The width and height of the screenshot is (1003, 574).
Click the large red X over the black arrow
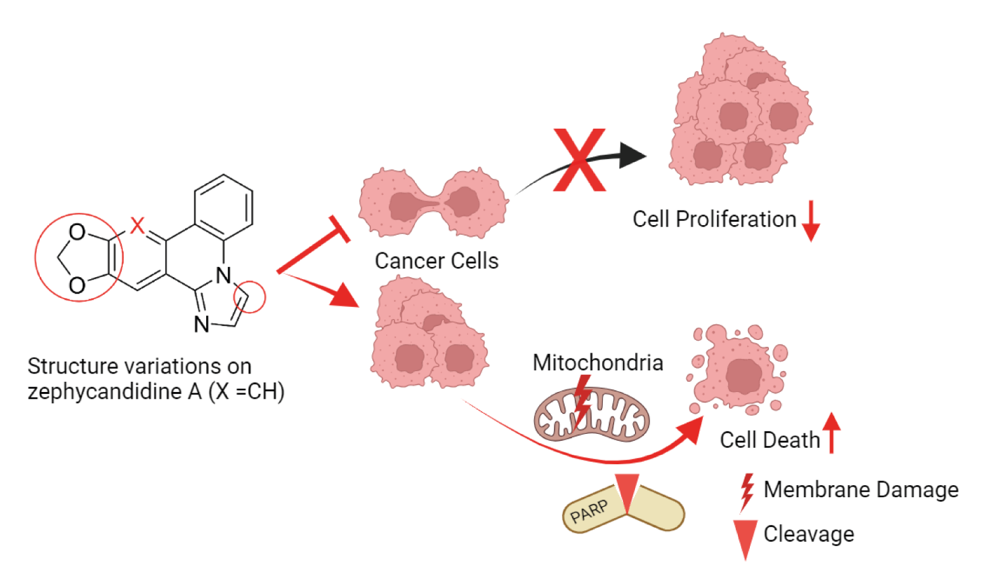coord(579,160)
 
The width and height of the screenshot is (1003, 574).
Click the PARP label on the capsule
coord(589,511)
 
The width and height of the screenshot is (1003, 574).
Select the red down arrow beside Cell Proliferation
coord(811,221)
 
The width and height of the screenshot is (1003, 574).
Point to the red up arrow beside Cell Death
coord(832,433)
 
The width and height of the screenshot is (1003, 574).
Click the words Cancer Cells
coord(436,261)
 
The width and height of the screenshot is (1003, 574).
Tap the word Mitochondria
coord(598,363)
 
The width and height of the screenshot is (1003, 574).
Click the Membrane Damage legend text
coord(861,490)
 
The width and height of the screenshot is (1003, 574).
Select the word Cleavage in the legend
coord(809,534)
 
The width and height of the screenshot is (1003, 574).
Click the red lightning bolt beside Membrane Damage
coord(747,492)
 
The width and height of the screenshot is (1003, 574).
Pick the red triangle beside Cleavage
coord(745,538)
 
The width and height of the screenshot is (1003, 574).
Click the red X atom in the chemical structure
coord(138,225)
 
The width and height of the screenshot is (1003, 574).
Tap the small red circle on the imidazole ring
coord(249,297)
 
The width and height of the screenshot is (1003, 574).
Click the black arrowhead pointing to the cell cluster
coord(632,155)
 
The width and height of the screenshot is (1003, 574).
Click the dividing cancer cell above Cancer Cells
coord(433,203)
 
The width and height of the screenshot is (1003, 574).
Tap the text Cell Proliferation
coord(714,219)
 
